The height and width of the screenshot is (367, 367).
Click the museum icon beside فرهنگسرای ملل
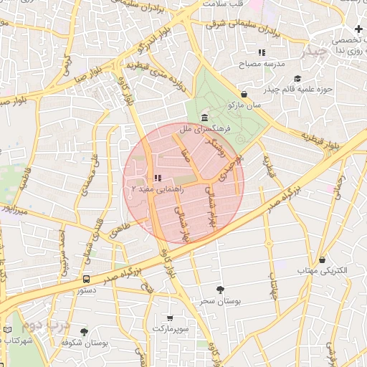[205, 118]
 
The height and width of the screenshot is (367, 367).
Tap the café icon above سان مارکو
[244, 94]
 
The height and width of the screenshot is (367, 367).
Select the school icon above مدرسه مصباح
[262, 52]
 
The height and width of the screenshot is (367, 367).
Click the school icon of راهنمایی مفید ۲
[158, 178]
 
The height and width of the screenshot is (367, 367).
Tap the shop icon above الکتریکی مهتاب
[322, 259]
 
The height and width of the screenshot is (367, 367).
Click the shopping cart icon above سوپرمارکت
[169, 318]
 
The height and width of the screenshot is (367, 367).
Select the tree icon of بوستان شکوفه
[85, 333]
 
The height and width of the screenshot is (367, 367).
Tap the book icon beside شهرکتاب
[8, 330]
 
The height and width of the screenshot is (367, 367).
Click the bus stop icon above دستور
[86, 279]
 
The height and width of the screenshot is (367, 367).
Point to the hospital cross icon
[358, 29]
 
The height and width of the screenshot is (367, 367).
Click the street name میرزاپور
[12, 212]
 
